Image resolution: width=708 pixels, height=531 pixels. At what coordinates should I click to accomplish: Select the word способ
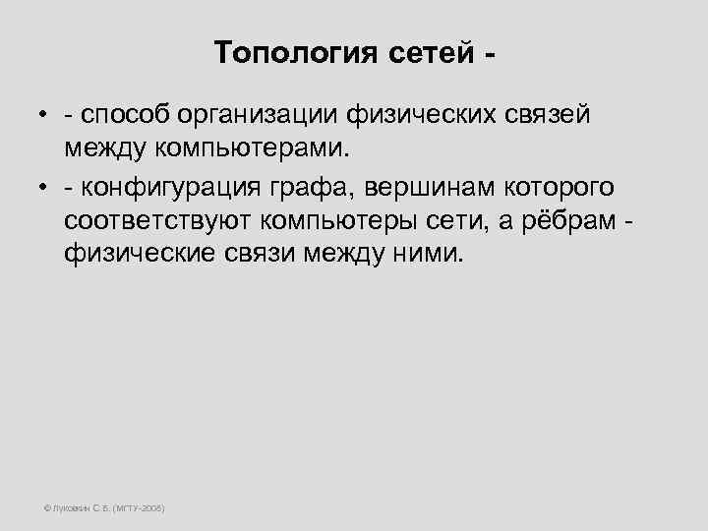pos(128,115)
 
